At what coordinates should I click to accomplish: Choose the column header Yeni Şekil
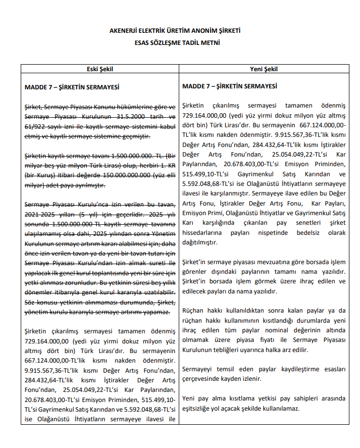click(264, 69)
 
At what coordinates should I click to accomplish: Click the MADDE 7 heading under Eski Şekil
click(72, 87)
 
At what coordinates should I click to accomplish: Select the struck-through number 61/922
click(35, 127)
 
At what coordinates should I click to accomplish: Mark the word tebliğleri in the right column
click(223, 350)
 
